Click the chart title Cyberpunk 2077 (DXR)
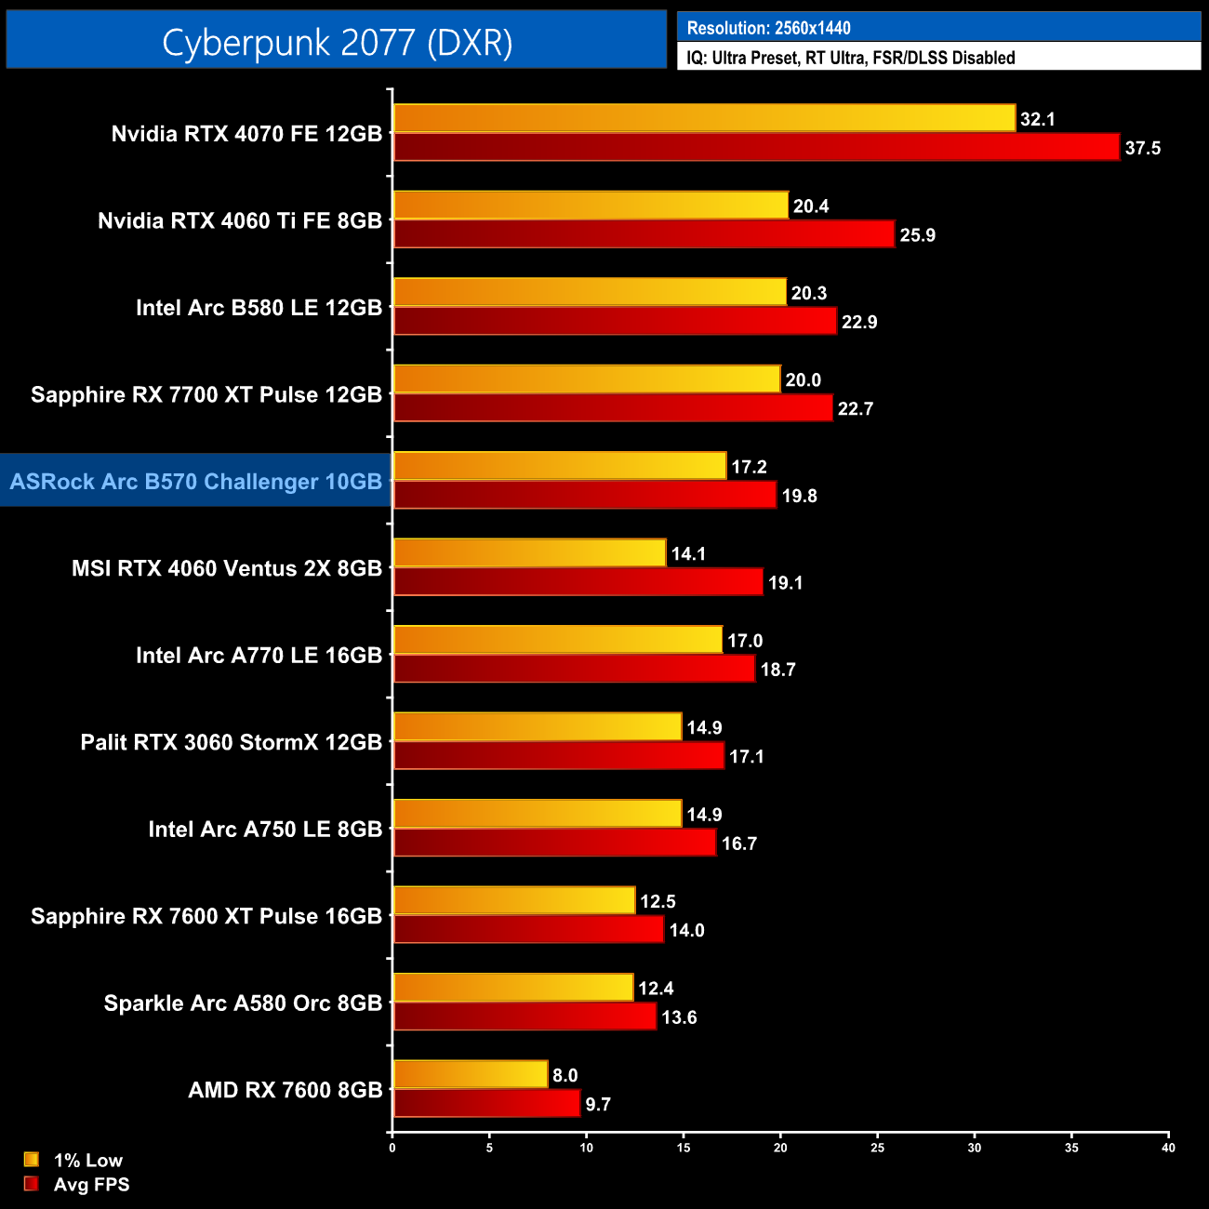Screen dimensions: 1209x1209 (337, 42)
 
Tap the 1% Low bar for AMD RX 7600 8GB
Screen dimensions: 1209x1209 (470, 1074)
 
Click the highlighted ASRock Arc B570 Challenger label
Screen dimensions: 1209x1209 (196, 481)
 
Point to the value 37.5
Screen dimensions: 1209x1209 (1142, 148)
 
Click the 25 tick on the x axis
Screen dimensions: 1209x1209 (877, 1148)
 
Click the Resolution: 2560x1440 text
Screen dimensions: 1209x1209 (768, 28)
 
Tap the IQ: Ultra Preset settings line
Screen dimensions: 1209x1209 (850, 58)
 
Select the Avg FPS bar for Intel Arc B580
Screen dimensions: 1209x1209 (615, 321)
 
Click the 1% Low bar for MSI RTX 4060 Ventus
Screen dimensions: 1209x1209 (529, 552)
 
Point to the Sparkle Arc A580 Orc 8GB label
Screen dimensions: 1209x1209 (243, 1003)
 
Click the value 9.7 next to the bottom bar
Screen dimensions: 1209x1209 (597, 1104)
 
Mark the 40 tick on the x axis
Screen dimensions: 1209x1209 (1168, 1148)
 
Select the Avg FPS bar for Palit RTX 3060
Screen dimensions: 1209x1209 (558, 755)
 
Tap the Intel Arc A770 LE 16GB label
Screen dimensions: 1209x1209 (259, 655)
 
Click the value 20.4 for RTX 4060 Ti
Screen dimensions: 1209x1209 (810, 206)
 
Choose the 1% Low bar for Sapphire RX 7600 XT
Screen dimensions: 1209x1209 (513, 900)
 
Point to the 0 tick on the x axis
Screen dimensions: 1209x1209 (392, 1148)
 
